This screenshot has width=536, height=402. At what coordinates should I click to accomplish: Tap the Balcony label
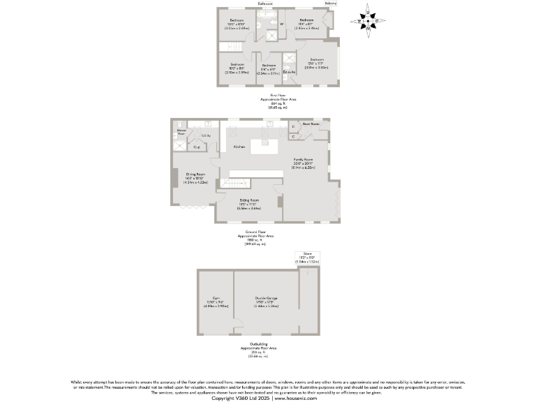(x=330, y=3)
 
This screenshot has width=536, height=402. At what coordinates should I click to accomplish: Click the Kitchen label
(x=239, y=147)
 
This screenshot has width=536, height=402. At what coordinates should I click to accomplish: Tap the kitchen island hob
(x=266, y=147)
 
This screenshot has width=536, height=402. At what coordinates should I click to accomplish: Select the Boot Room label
(x=311, y=123)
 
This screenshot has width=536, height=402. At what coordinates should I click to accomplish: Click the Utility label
(x=206, y=135)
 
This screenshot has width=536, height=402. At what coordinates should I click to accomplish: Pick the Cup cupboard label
(x=198, y=147)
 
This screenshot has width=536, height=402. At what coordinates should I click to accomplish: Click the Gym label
(x=216, y=297)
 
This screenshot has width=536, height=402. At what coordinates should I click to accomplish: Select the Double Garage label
(x=267, y=297)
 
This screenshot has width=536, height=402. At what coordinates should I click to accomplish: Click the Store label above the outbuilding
(x=307, y=253)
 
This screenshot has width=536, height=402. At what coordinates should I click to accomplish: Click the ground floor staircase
(x=236, y=183)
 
